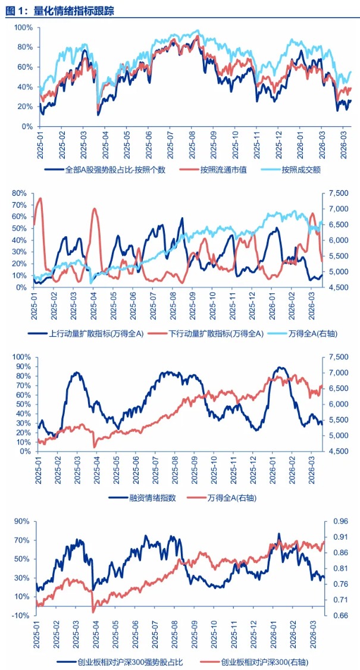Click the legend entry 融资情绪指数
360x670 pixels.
pos(152,498)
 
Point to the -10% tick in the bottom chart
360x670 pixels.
pos(21,615)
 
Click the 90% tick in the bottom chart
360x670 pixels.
pos(23,521)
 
